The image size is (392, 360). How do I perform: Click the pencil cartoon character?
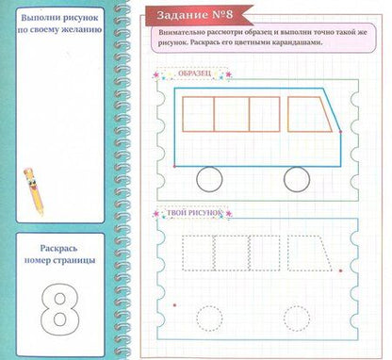(33, 190)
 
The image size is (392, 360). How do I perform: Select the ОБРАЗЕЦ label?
(194, 74)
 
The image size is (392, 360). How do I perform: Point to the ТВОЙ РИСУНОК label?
(194, 213)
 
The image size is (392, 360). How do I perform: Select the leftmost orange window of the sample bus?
(183, 114)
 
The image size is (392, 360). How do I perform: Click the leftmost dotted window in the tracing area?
(183, 253)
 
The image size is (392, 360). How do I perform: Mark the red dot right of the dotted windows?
(340, 270)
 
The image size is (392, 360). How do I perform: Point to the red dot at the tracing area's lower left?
(174, 304)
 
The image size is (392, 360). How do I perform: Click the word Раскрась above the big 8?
(58, 249)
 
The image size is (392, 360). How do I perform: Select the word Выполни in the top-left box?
(36, 18)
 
